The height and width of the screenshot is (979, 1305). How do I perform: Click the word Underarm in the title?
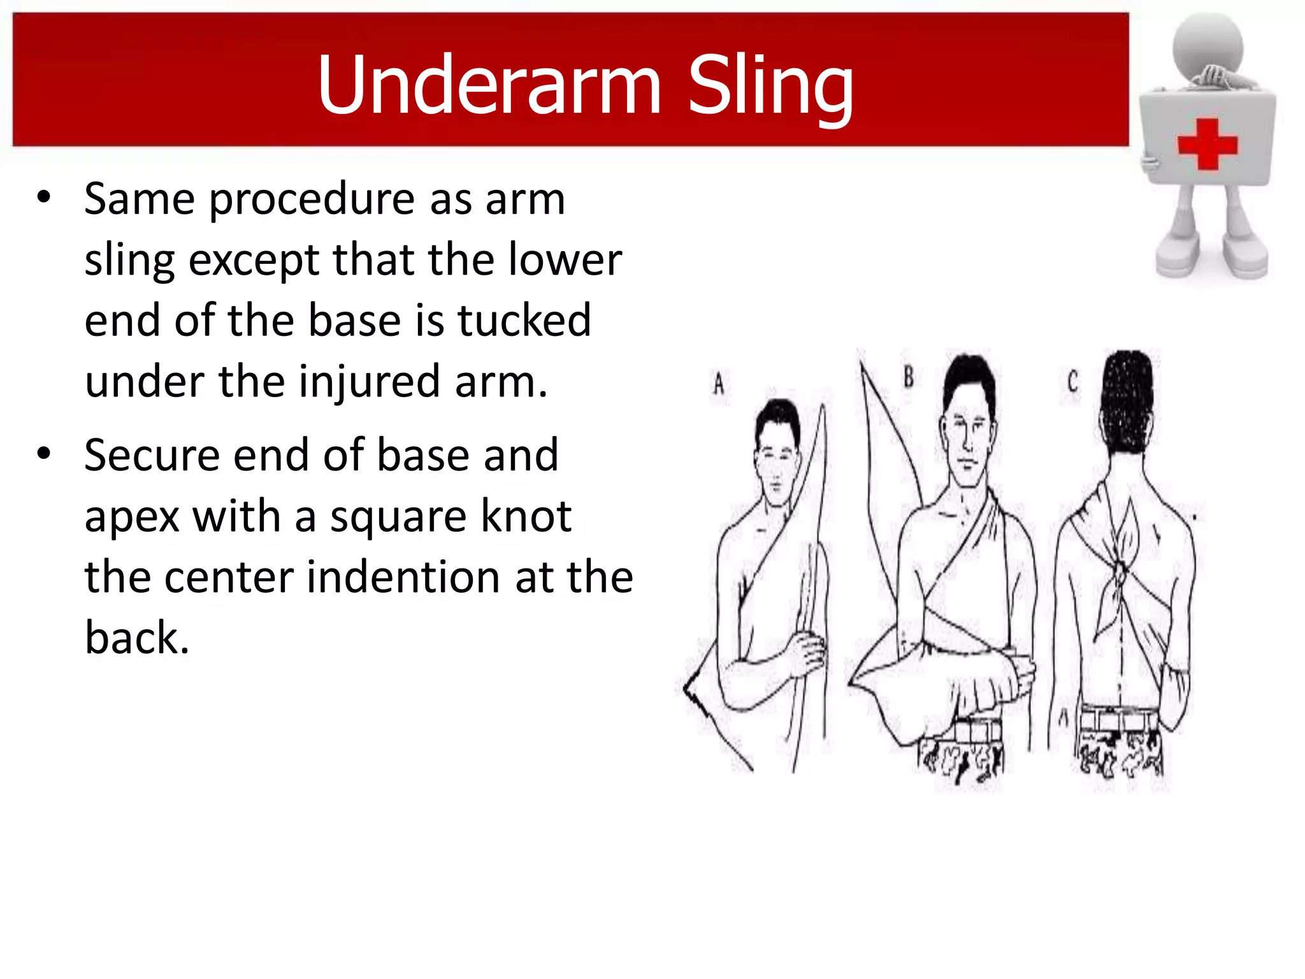489,85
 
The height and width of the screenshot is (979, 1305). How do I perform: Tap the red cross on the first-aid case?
1207,145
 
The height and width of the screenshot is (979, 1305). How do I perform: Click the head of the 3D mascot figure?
1208,45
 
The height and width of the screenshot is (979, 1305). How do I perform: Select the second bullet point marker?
43,454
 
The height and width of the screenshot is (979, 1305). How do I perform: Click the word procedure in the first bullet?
312,199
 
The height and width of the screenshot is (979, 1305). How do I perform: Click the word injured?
369,382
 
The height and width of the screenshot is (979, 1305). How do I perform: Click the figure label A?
719,384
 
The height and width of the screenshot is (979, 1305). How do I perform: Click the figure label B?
909,377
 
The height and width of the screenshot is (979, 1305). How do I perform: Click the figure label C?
1072,382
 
